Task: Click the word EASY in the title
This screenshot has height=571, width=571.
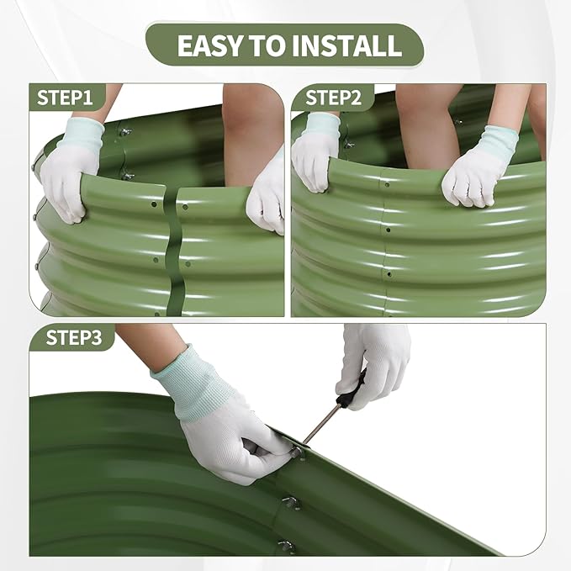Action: point(210,45)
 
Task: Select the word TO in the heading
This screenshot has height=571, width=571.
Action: point(267,45)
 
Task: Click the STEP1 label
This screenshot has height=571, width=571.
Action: point(65,98)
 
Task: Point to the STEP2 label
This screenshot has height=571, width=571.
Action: point(333,98)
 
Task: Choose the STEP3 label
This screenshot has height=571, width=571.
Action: point(73,337)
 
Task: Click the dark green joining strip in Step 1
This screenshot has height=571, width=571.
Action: point(174,251)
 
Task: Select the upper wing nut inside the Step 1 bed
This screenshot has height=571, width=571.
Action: point(125,132)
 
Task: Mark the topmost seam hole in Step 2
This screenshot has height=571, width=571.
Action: point(387,185)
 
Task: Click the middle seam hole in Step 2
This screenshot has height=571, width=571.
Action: point(389,230)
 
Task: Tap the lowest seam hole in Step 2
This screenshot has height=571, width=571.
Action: point(389,274)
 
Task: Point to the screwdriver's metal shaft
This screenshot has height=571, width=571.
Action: point(322,423)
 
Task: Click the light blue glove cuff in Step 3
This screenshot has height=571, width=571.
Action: point(193,383)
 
